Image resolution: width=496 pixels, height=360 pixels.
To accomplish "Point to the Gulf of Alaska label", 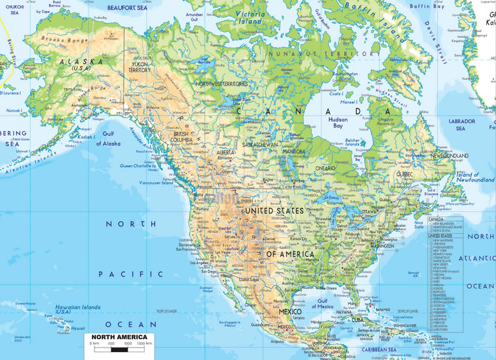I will coord(108,139).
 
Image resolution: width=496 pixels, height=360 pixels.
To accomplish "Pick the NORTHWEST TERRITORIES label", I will coord(223,84).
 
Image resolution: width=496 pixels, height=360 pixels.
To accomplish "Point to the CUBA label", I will coord(357,320).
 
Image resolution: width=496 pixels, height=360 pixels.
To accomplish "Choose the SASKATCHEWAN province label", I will coord(260,144).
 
